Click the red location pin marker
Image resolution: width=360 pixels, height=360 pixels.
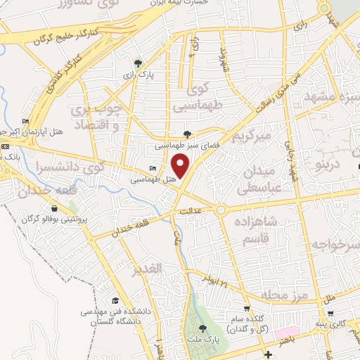tap(181, 166)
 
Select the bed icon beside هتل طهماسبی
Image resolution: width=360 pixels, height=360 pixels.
tap(153, 169)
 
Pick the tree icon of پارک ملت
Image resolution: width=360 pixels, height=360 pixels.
tap(203, 329)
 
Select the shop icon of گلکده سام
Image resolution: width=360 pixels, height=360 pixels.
tap(247, 308)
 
